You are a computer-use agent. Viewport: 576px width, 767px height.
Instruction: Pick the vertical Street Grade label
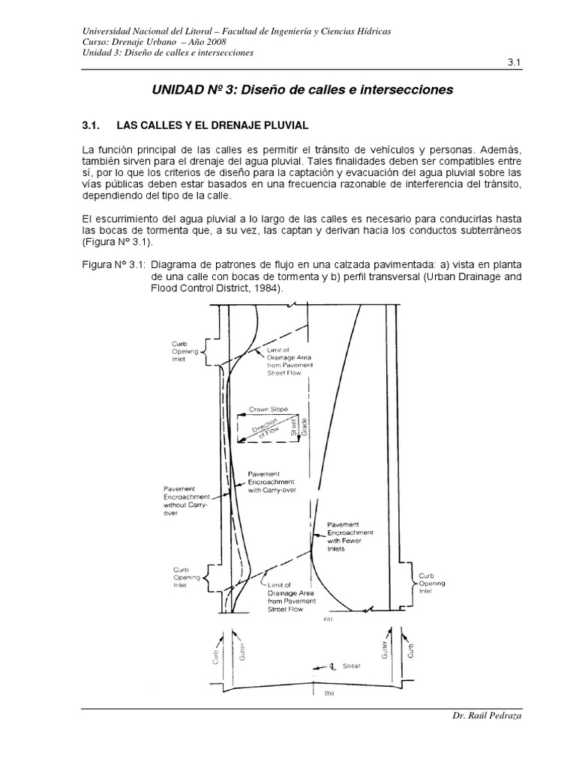click(304, 427)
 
